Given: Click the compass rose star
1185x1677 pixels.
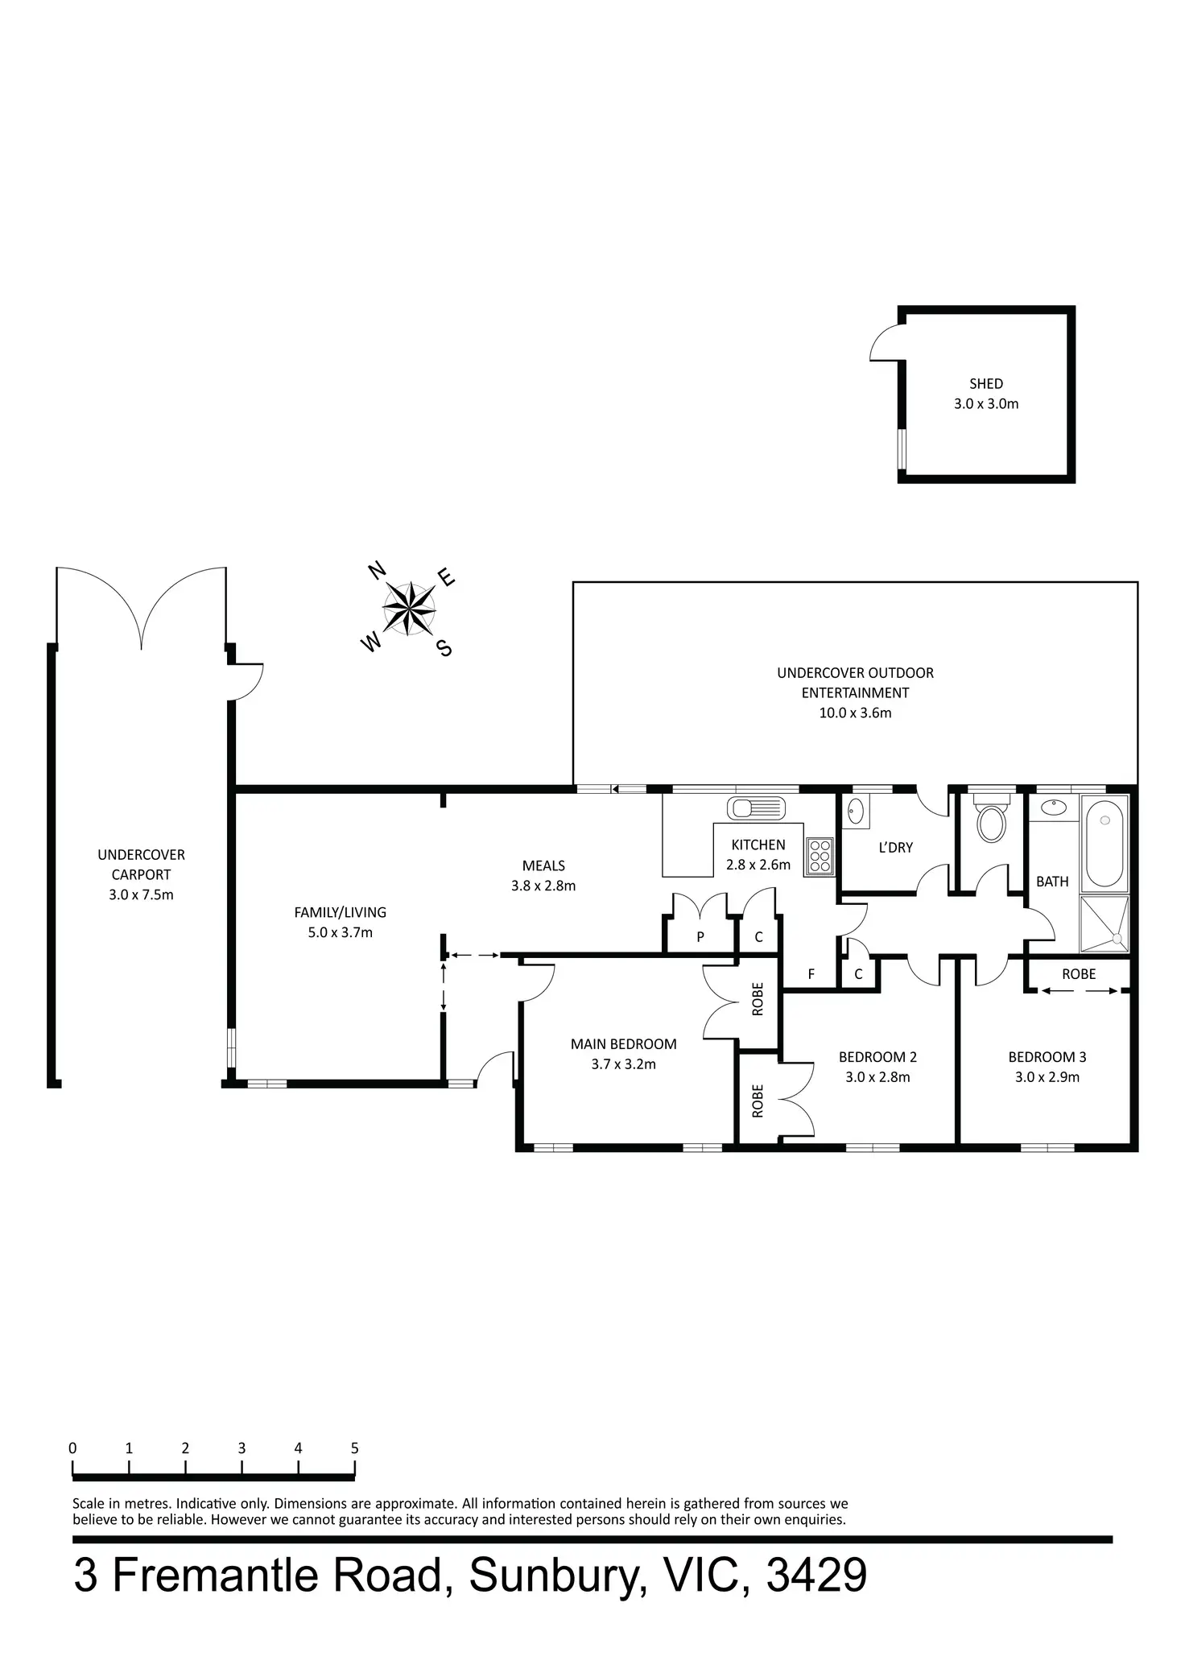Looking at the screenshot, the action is pyautogui.click(x=409, y=607).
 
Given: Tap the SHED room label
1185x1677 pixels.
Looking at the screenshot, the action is pyautogui.click(x=986, y=384).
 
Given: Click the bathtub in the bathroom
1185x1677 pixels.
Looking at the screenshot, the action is pyautogui.click(x=1104, y=841).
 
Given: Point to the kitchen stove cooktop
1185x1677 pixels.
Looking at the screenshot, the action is pyautogui.click(x=820, y=856).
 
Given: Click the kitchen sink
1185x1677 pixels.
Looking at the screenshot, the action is pyautogui.click(x=755, y=807).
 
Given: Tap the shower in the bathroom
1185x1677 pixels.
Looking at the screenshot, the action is pyautogui.click(x=1104, y=923).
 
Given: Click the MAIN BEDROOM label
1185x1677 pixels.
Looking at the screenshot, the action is pyautogui.click(x=623, y=1044).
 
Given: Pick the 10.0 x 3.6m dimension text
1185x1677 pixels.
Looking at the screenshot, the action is pyautogui.click(x=855, y=713).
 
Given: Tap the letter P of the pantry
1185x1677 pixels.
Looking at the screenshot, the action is pyautogui.click(x=700, y=937).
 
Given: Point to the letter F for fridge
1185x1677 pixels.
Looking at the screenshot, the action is pyautogui.click(x=811, y=975).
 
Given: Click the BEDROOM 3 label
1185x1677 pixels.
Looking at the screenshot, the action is pyautogui.click(x=1047, y=1057).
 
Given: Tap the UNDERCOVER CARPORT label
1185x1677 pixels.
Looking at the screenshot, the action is pyautogui.click(x=141, y=864).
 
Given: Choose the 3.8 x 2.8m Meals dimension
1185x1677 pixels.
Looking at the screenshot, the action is pyautogui.click(x=543, y=886).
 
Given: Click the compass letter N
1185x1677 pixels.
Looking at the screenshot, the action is pyautogui.click(x=376, y=571).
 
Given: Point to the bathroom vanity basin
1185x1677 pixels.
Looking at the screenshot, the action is pyautogui.click(x=1051, y=807).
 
